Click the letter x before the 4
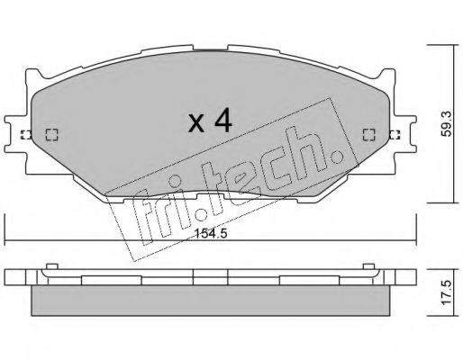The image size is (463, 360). [195, 122]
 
